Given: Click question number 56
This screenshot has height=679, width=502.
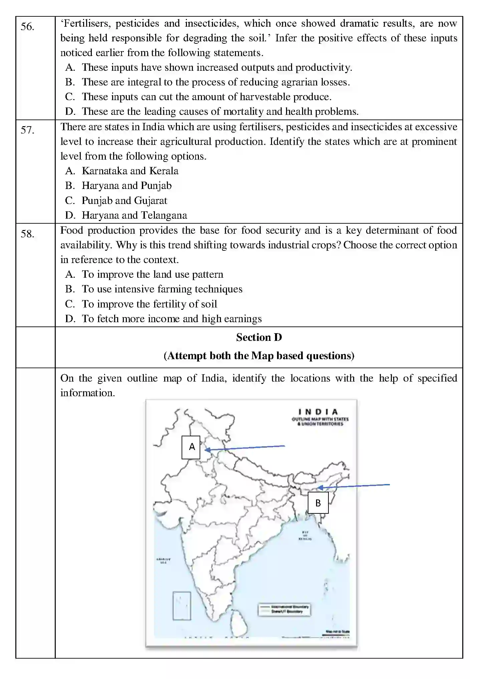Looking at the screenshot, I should tap(27, 27).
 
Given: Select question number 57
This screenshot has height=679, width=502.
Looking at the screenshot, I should tap(27, 130).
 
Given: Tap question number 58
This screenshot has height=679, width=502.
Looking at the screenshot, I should tap(27, 234).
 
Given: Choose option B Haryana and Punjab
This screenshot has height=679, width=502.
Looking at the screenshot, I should tap(127, 186).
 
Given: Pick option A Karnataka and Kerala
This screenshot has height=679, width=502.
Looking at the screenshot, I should tap(130, 171).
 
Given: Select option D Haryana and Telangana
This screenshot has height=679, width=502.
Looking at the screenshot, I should tap(134, 215).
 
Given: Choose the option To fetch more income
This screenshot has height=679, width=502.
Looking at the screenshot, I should tap(172, 319).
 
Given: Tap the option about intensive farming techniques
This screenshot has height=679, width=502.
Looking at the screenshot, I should tap(162, 289).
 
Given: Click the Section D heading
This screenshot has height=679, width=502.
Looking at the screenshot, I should tap(259, 337).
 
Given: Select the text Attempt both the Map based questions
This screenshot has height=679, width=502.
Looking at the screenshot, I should tap(259, 356).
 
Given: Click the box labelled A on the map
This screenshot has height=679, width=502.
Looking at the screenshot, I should tap(191, 447).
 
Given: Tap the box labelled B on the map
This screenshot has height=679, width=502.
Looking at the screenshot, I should tap(318, 503).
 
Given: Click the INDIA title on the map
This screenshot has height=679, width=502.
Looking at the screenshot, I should tap(318, 412).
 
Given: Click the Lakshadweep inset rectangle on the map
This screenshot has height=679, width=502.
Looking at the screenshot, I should tap(182, 606).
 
